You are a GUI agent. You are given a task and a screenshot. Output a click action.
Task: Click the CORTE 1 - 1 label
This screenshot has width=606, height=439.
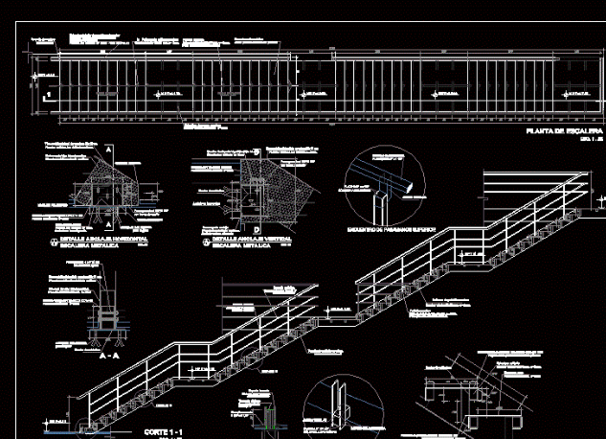click(x=163, y=433)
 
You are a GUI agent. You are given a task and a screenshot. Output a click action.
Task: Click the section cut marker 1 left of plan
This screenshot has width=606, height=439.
click(x=46, y=96)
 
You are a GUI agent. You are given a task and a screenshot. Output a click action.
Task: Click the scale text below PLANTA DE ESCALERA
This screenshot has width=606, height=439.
click(x=585, y=140)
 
